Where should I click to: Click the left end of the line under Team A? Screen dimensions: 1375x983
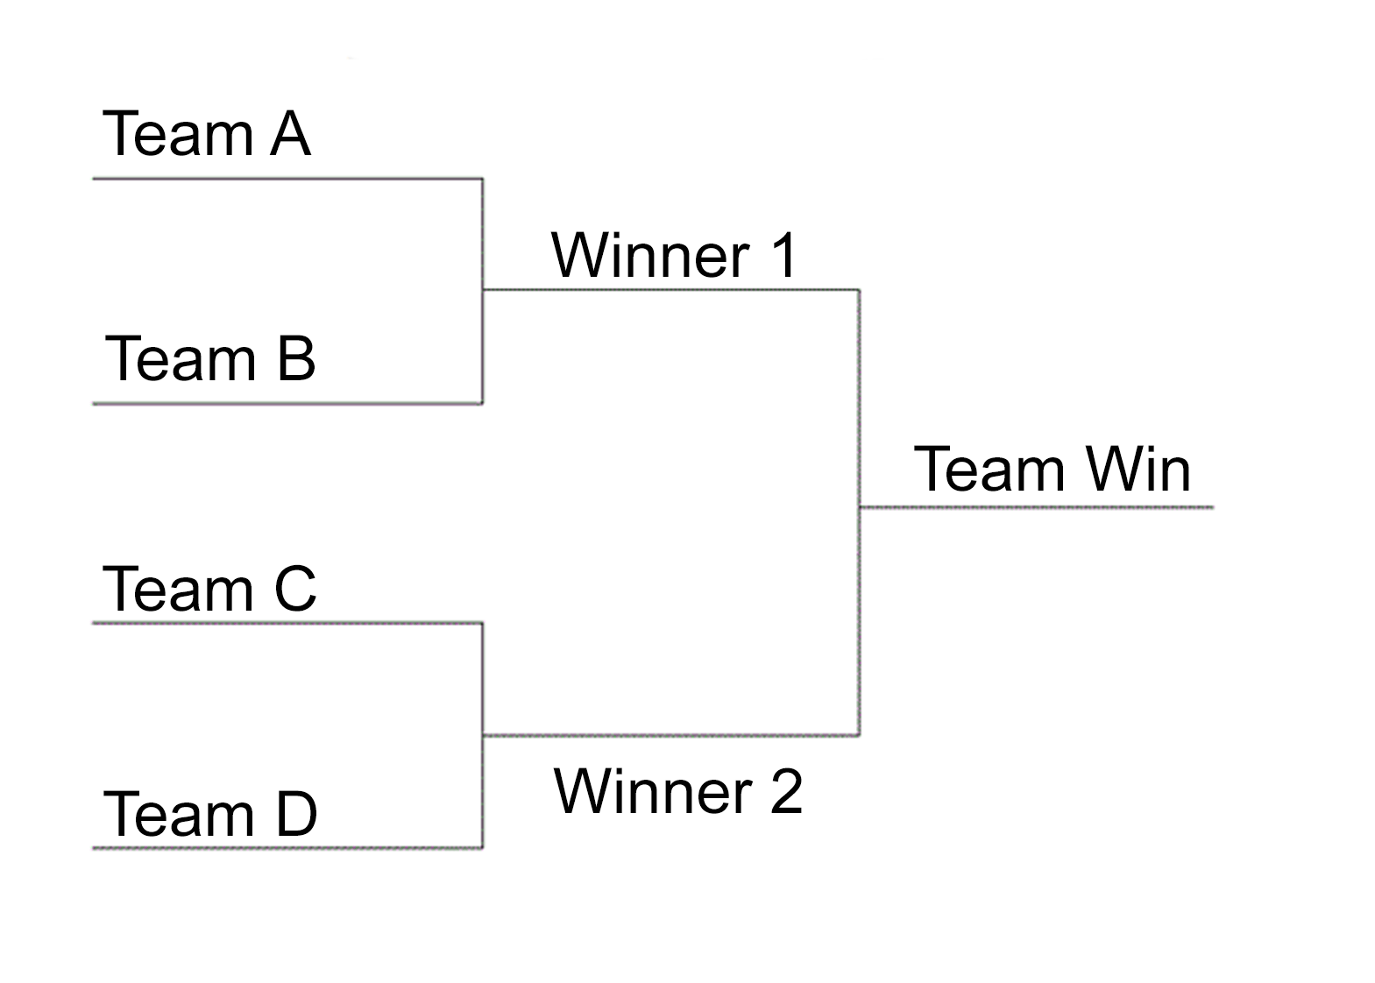(x=93, y=179)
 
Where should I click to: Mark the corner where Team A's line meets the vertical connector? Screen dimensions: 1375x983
(x=483, y=179)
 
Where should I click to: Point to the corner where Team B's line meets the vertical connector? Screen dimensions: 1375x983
(x=483, y=403)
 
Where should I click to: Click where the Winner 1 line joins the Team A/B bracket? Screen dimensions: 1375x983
(x=483, y=290)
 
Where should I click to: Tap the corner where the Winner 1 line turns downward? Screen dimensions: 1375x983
(x=859, y=290)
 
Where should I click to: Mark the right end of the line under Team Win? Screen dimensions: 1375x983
(x=1214, y=507)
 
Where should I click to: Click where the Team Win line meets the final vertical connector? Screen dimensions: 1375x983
(x=860, y=507)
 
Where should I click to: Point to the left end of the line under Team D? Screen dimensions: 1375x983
(x=93, y=848)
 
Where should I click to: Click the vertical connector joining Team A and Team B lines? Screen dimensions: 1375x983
(x=483, y=291)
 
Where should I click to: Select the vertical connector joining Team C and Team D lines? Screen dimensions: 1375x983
(x=483, y=735)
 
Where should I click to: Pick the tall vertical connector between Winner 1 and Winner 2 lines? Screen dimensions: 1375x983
(x=860, y=513)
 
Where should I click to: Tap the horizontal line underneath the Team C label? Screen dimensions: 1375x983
(x=288, y=623)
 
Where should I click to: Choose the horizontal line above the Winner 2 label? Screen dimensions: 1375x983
(x=671, y=734)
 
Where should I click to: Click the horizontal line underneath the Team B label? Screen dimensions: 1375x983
(x=288, y=403)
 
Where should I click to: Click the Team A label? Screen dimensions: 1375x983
(x=207, y=133)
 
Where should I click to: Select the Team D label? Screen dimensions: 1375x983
(x=210, y=814)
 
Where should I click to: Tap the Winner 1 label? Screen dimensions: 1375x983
(x=674, y=254)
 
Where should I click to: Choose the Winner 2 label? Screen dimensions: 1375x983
(x=677, y=791)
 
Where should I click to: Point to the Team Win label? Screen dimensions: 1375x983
(x=1053, y=469)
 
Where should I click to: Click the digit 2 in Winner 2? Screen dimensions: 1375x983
(x=786, y=791)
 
